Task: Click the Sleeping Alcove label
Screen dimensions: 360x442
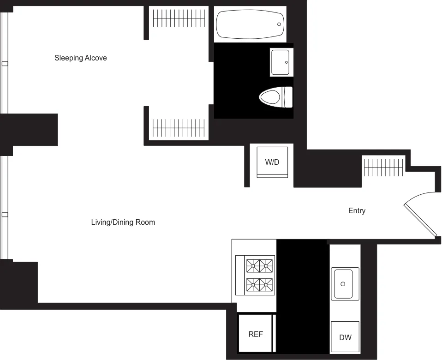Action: pyautogui.click(x=81, y=58)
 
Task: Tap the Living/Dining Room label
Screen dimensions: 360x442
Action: pyautogui.click(x=123, y=222)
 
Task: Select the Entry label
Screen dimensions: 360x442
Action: pyautogui.click(x=357, y=211)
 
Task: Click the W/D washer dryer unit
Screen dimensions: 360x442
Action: pyautogui.click(x=272, y=162)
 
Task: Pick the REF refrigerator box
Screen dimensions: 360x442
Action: pyautogui.click(x=256, y=334)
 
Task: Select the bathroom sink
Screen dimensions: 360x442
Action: pyautogui.click(x=281, y=61)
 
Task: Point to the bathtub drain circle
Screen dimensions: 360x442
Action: pyautogui.click(x=279, y=24)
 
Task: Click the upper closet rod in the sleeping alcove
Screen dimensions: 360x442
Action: pyautogui.click(x=179, y=19)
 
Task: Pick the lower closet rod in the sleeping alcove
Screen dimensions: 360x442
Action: pyautogui.click(x=179, y=128)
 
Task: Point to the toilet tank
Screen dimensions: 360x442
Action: pyautogui.click(x=288, y=96)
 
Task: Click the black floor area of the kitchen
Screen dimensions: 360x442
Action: pyautogui.click(x=302, y=295)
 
